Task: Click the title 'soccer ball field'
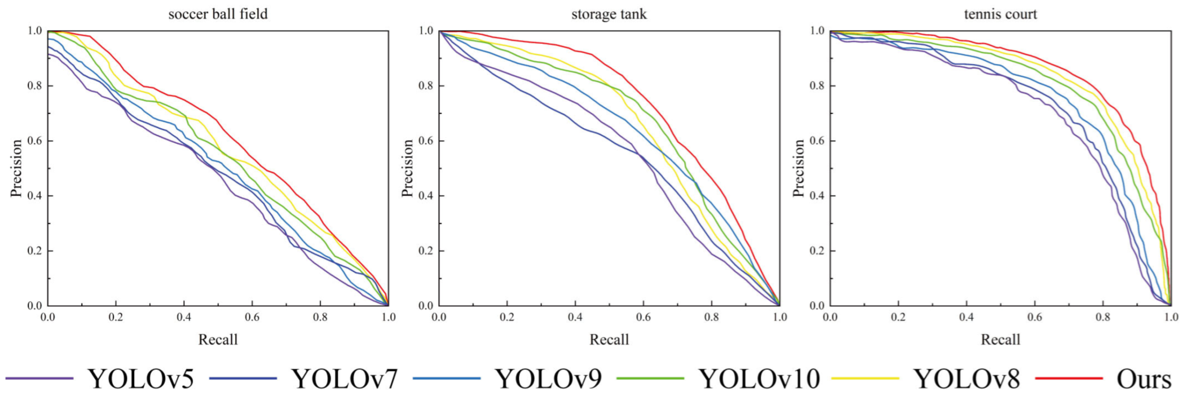click(x=218, y=14)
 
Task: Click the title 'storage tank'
click(x=609, y=14)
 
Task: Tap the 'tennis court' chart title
click(x=1000, y=14)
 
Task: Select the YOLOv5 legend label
click(x=141, y=379)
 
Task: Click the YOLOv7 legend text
click(x=345, y=379)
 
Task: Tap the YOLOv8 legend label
click(x=967, y=379)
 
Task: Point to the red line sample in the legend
click(x=1069, y=378)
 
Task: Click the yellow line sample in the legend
click(x=865, y=378)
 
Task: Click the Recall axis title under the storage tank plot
click(x=609, y=340)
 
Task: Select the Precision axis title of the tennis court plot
click(x=799, y=169)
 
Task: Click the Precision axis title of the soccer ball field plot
click(x=17, y=169)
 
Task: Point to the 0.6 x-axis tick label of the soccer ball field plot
click(x=252, y=317)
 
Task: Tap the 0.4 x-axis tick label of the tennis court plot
click(x=966, y=317)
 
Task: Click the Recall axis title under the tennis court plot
click(x=1000, y=340)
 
